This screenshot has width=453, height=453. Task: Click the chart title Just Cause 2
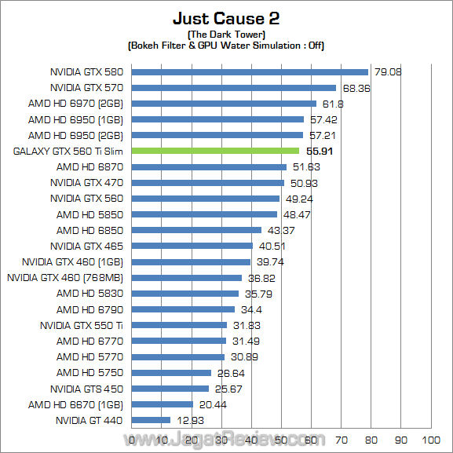[x=226, y=18]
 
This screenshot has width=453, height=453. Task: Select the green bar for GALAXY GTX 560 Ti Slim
[x=215, y=151]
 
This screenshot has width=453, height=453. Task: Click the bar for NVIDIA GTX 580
[x=250, y=71]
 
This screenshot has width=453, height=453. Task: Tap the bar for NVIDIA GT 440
[x=151, y=420]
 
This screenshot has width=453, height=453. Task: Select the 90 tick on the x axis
[x=400, y=439]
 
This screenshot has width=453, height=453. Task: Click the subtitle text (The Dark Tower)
[x=225, y=35]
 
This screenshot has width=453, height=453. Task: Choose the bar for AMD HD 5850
[x=204, y=214]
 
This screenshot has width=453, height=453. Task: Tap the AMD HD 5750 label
[x=90, y=373]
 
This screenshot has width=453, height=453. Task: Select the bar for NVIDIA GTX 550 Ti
[x=179, y=325]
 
